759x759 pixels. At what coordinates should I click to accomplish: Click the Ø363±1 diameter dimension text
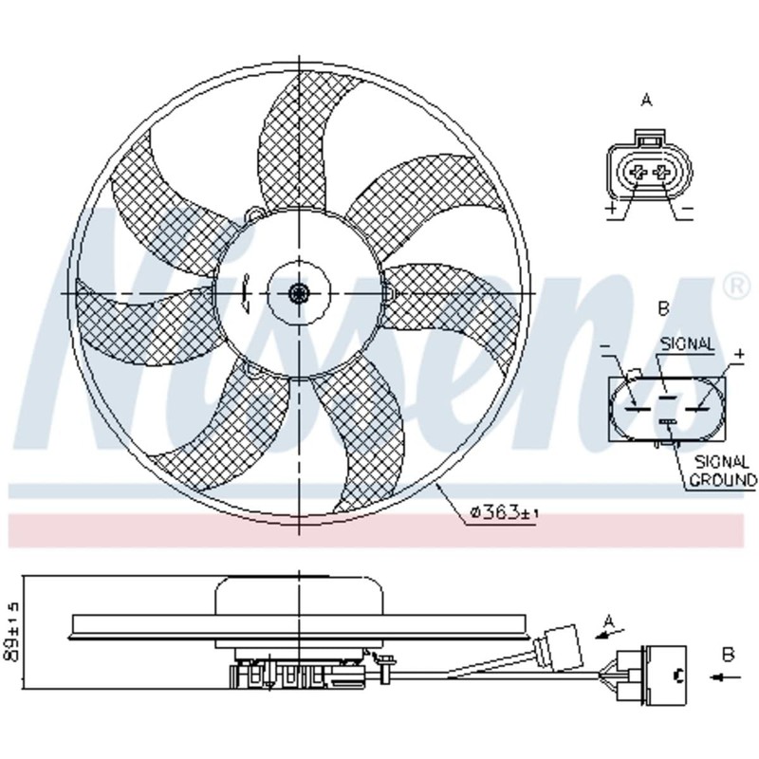[505, 512]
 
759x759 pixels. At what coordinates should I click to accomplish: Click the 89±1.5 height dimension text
[10, 631]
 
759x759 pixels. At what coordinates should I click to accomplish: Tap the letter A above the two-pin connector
[646, 101]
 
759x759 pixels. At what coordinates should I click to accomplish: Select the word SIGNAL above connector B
[687, 344]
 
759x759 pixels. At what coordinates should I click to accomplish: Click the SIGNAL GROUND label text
[723, 471]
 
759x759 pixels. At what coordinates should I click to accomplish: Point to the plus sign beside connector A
[611, 209]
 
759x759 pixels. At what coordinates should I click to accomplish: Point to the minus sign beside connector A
[688, 208]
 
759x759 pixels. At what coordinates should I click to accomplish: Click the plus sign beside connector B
[739, 354]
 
